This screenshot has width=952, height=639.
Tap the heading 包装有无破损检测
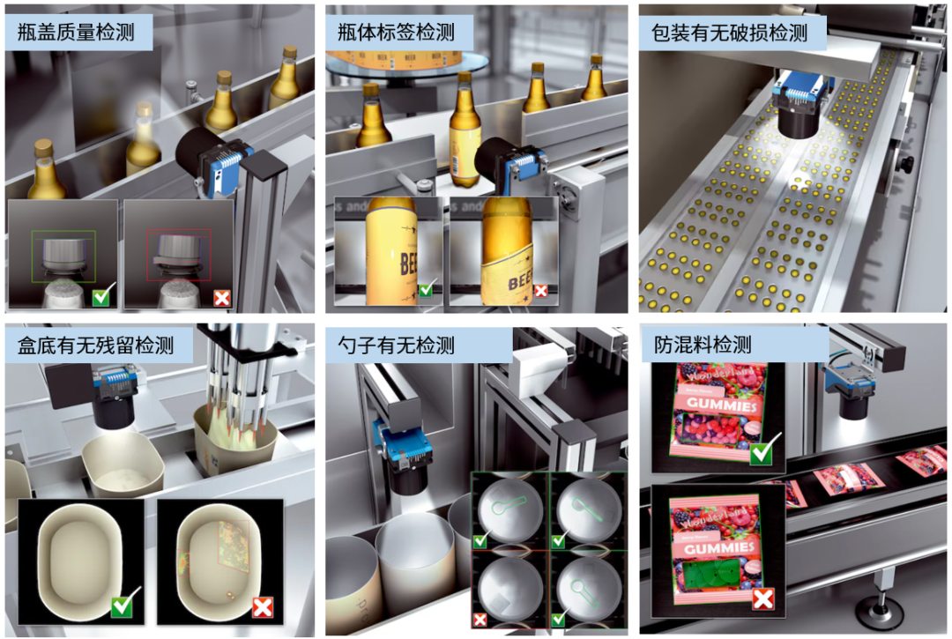tap(729, 33)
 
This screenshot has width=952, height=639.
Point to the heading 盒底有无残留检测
tap(96, 345)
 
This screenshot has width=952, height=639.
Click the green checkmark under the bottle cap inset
tap(101, 297)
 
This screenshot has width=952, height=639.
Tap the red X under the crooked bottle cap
tap(221, 298)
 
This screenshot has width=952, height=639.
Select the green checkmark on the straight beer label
tap(427, 289)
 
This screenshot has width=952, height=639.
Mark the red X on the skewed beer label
tap(542, 290)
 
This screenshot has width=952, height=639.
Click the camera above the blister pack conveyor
tap(802, 106)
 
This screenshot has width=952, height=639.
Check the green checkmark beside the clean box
tap(123, 606)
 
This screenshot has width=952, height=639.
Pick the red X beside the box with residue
tap(263, 606)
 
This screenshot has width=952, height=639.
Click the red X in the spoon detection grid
tap(480, 620)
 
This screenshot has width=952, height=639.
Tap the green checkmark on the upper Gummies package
tap(761, 453)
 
